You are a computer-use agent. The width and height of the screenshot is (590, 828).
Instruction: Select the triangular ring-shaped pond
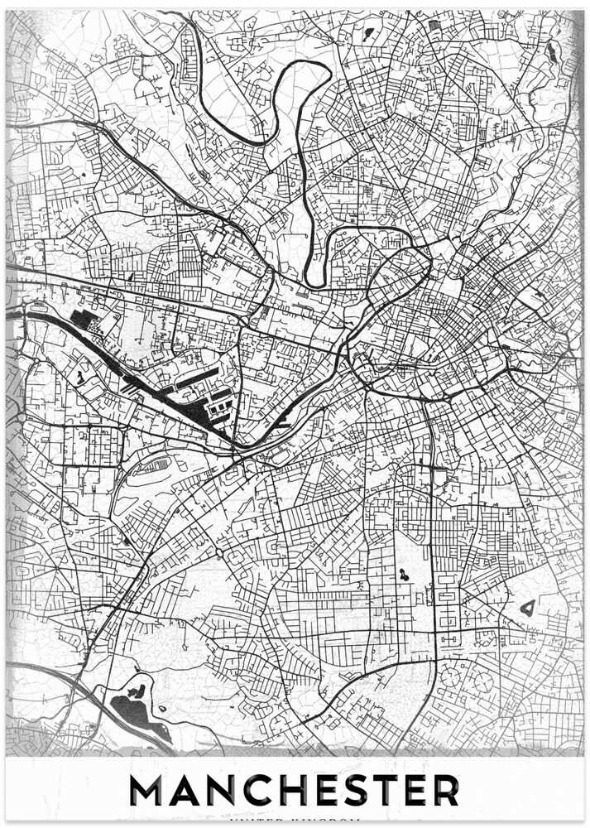(526, 609)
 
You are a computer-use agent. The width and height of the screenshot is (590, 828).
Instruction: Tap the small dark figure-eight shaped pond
(403, 574)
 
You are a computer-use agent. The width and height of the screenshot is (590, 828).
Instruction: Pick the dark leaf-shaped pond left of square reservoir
(367, 34)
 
